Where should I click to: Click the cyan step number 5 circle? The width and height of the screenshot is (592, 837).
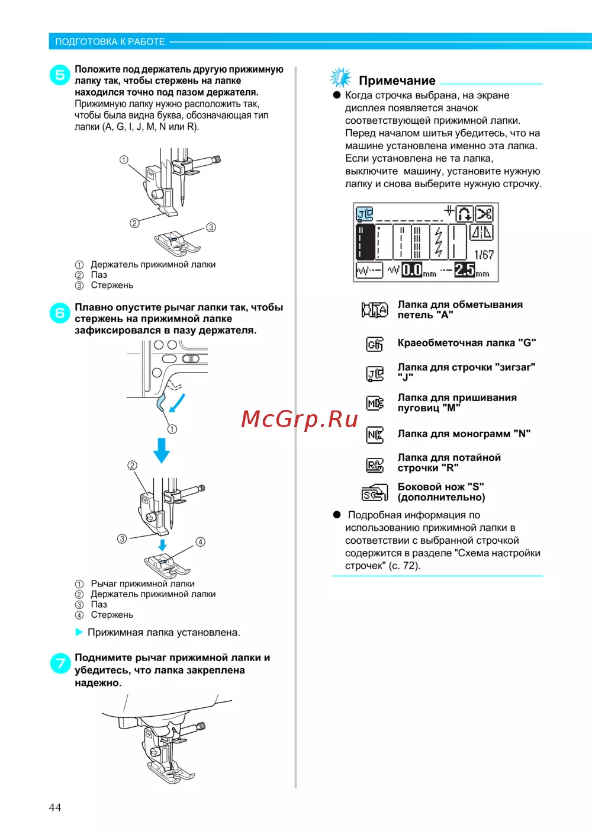click(x=60, y=75)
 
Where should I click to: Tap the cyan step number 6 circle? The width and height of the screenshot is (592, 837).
click(x=60, y=313)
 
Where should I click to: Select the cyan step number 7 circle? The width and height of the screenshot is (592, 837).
click(x=60, y=663)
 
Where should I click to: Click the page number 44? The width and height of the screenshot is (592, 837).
click(x=55, y=807)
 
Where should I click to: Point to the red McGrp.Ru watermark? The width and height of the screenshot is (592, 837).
click(x=300, y=419)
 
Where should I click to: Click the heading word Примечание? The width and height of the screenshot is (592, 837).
click(x=397, y=81)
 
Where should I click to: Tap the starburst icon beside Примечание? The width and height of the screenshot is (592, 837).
click(x=340, y=78)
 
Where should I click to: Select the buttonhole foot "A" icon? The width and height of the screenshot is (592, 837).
click(x=375, y=310)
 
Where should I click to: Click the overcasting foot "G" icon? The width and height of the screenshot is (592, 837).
click(x=375, y=344)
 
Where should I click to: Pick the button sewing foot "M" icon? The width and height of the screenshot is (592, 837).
click(x=375, y=403)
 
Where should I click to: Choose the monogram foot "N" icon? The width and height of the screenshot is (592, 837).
click(x=375, y=435)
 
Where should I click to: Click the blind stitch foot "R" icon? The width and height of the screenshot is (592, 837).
click(x=375, y=465)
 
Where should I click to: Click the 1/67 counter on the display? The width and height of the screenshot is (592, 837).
click(x=484, y=255)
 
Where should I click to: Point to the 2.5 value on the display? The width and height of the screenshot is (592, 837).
click(x=465, y=270)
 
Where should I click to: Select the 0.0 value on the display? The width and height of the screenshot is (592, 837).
click(x=412, y=270)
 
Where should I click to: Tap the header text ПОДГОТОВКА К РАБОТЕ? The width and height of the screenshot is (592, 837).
click(x=110, y=41)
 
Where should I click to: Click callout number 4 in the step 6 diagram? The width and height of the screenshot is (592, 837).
click(x=201, y=542)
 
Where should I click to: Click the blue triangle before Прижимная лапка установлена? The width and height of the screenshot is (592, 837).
click(x=79, y=632)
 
